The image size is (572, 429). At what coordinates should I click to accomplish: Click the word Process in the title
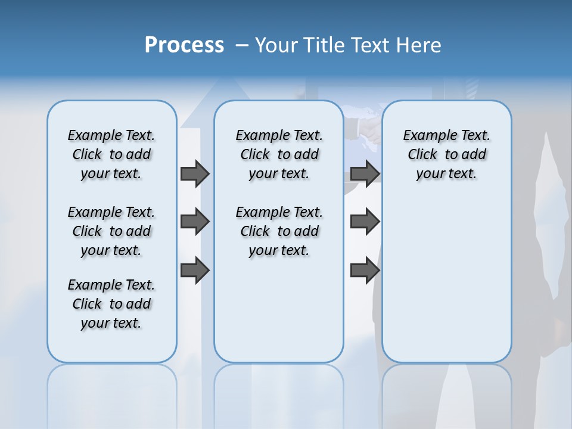coord(184,45)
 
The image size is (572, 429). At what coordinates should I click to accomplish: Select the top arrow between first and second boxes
coord(195,173)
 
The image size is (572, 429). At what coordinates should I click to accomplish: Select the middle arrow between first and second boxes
coord(195,222)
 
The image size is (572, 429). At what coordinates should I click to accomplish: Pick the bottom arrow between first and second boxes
coord(195,271)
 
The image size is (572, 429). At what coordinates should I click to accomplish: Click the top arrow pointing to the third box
coord(365,173)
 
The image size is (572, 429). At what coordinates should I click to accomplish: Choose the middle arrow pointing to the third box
coord(365,222)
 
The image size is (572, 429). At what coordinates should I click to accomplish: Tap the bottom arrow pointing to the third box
coord(365,271)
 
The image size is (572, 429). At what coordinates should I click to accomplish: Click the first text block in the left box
coord(111,154)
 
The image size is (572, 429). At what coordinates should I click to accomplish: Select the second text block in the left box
coord(111,231)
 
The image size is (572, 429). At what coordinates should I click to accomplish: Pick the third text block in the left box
coord(111,304)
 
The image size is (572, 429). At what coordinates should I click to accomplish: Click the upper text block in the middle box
coord(279,154)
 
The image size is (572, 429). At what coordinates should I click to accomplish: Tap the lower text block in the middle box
coord(279,231)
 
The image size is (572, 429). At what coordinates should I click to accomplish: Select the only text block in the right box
coord(446,154)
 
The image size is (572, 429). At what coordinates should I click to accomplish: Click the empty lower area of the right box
coord(446,286)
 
